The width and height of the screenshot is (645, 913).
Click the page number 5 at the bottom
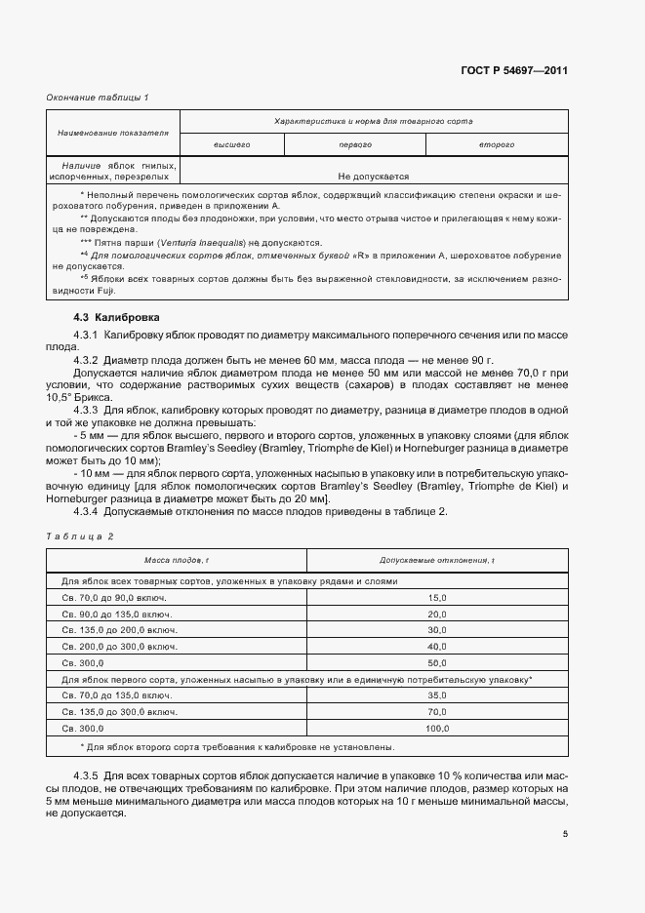565,834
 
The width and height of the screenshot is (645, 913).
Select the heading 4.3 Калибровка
117,318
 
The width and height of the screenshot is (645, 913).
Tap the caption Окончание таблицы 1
98,97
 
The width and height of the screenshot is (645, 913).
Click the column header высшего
232,144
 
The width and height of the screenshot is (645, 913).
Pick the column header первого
355,144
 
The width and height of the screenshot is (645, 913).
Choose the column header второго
496,144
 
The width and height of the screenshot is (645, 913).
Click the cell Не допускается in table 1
373,177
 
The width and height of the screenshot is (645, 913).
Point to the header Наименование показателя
113,132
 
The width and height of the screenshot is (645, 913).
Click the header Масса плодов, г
177,560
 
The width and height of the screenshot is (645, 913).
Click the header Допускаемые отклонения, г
436,560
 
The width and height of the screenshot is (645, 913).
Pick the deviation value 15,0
436,597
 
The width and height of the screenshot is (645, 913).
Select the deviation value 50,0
436,661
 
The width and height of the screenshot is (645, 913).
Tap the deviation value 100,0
436,728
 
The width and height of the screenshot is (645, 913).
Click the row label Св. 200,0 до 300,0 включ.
119,646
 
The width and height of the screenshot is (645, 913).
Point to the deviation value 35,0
436,695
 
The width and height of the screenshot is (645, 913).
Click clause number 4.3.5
91,774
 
